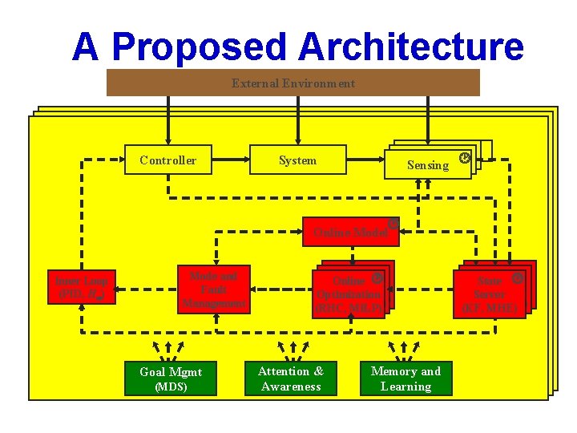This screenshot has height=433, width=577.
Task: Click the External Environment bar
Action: (293, 83)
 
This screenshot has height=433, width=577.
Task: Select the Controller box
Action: (168, 160)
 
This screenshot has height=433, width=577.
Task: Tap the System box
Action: (297, 160)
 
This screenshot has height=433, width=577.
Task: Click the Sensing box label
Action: (428, 165)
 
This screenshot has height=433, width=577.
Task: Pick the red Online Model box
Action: (349, 232)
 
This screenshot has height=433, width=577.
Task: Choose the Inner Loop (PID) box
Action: (83, 287)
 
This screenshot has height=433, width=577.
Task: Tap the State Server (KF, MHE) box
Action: (490, 294)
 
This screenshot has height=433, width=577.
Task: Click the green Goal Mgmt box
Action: (171, 378)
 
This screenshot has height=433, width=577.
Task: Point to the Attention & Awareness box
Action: (290, 378)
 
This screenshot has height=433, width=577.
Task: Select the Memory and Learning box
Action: (406, 378)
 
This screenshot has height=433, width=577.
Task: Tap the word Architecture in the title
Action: (411, 47)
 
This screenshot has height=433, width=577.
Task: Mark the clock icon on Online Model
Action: (393, 223)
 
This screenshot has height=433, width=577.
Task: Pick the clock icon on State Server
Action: (518, 278)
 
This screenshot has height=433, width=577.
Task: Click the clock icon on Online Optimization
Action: (377, 278)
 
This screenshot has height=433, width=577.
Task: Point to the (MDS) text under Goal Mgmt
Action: (171, 386)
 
